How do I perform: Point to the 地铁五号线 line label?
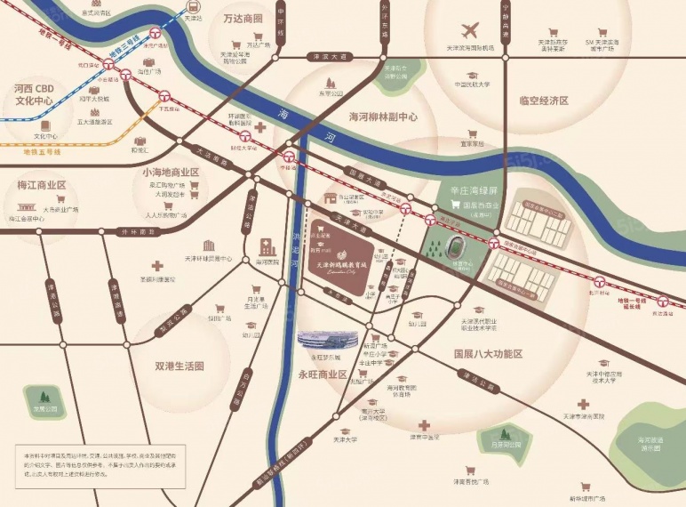pos(42,152)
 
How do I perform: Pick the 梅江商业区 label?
pos(42,186)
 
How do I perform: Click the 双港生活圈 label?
pos(179,366)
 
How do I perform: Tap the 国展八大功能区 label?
pos(488,353)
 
